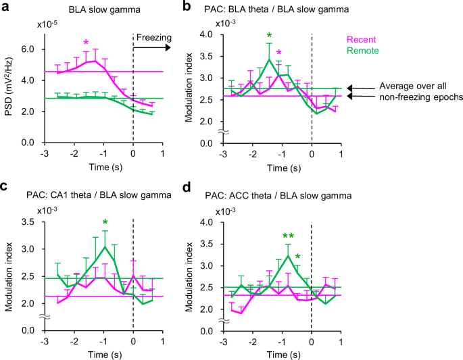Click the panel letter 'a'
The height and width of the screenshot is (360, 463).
(x=5, y=6)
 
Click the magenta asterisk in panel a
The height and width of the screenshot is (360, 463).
(x=86, y=43)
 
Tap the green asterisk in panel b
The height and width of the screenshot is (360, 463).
(x=269, y=36)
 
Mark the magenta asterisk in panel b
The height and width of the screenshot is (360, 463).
(x=278, y=53)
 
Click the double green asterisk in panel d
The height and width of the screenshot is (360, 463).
(x=288, y=236)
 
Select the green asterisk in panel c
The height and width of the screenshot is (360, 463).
(x=105, y=223)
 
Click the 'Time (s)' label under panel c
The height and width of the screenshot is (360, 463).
(x=89, y=354)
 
